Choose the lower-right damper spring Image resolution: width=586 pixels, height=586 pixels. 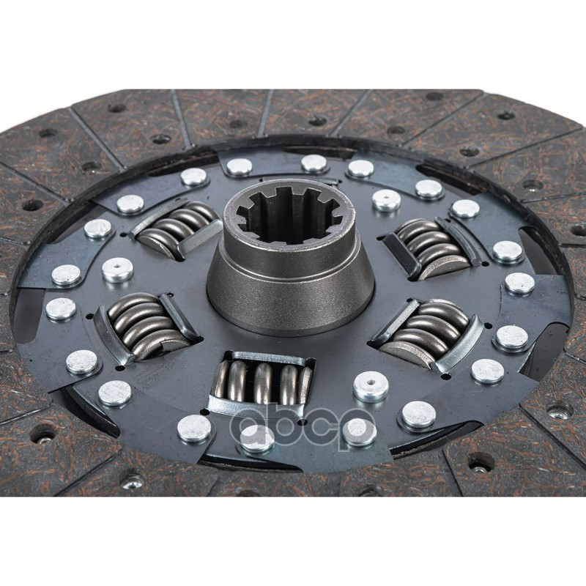[426, 333]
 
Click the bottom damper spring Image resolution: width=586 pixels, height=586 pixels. [262, 384]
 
